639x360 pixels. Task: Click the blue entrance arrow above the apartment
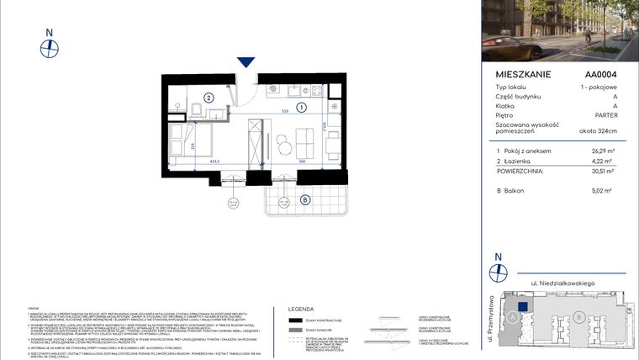click(x=246, y=62)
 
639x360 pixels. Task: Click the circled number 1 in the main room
click(x=301, y=107)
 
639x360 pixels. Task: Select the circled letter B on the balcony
click(x=304, y=199)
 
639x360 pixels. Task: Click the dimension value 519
click(x=285, y=112)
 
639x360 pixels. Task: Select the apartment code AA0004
click(x=602, y=74)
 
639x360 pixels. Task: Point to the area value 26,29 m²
click(x=605, y=151)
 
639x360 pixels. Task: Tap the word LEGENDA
click(x=301, y=309)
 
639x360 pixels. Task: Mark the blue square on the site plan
click(x=522, y=308)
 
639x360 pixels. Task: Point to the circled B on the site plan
click(x=579, y=317)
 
